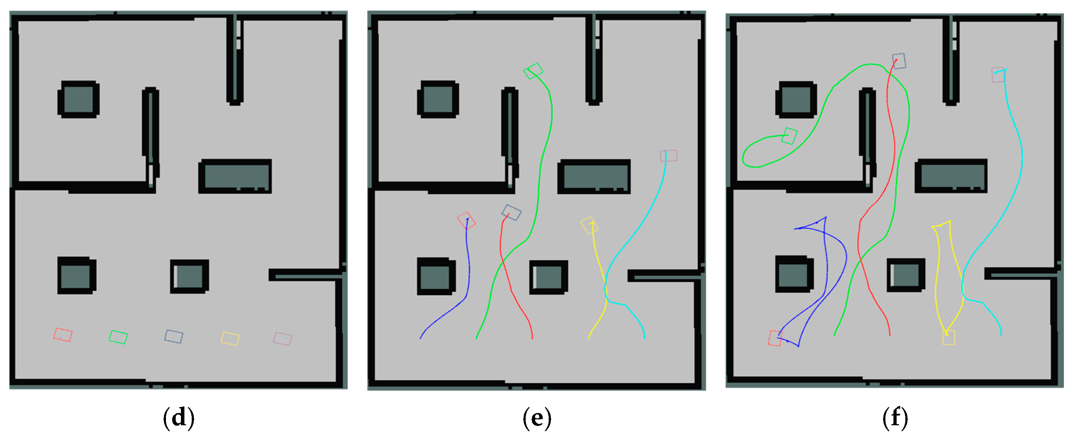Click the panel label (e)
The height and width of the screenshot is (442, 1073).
[x=537, y=418]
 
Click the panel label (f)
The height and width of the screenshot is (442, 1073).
[x=895, y=418]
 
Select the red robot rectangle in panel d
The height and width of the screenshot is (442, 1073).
[x=63, y=335]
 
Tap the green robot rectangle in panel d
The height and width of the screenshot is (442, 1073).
[x=118, y=337]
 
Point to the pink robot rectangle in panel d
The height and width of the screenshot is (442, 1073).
[x=282, y=339]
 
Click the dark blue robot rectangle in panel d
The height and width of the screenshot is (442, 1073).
[x=174, y=336]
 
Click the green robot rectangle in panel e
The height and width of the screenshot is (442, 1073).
[x=533, y=71]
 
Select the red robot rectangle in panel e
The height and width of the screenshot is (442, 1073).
[x=466, y=220]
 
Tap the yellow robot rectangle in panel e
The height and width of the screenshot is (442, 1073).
[x=589, y=226]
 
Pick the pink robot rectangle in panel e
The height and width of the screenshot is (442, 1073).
[x=669, y=156]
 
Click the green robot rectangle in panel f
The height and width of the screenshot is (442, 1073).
[x=789, y=136]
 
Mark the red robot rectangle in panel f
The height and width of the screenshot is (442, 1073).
[x=775, y=338]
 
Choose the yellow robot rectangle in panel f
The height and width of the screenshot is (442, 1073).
[x=949, y=337]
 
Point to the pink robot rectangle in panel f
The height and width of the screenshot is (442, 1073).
[x=998, y=75]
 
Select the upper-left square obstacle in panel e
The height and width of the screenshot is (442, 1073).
[x=438, y=100]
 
